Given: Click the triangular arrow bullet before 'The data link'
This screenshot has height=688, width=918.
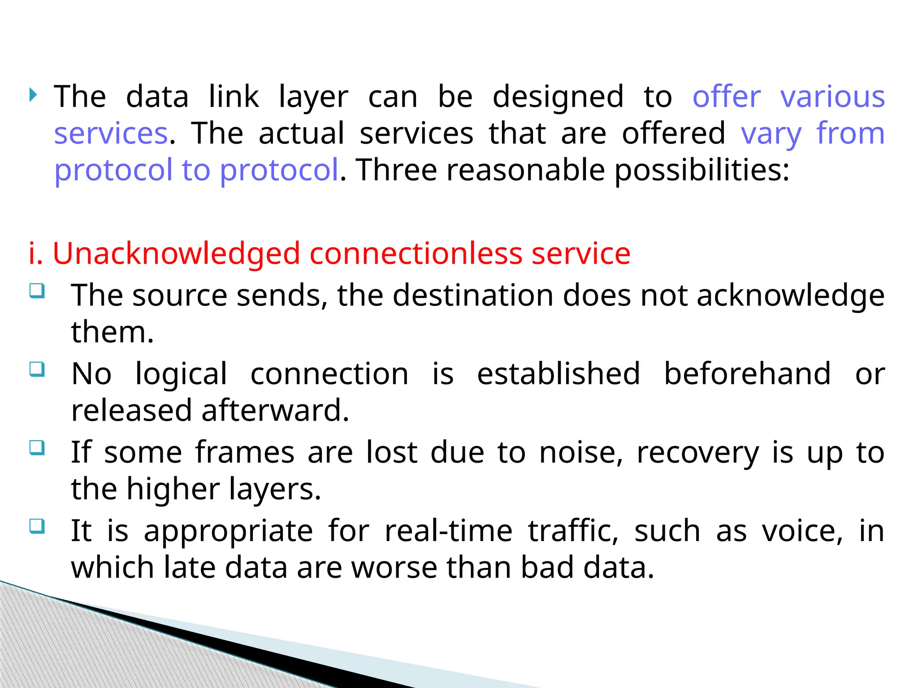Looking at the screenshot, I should tap(33, 95).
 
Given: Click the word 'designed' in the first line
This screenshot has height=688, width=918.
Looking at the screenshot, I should tap(558, 97).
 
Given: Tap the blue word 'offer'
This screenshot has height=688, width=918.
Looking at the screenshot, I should tap(727, 97).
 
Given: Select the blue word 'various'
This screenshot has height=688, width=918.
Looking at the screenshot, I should tap(832, 97).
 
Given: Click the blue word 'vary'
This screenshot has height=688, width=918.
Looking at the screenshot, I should tap(771, 134).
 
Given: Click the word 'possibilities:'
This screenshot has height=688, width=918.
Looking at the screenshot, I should tap(701, 171).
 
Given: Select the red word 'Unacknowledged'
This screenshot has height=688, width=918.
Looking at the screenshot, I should tap(176, 254).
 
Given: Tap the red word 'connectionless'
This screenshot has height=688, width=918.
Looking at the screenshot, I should tap(416, 254).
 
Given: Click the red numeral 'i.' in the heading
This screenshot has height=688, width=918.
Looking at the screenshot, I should tap(35, 254).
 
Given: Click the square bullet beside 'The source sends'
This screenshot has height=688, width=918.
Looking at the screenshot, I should tap(37, 291).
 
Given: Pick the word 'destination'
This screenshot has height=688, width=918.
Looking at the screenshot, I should tap(473, 296).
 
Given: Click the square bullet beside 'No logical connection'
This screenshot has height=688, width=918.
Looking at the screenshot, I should tap(37, 370).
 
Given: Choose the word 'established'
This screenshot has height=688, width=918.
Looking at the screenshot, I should tap(558, 374).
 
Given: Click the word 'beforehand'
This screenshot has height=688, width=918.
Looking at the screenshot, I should tap(747, 374).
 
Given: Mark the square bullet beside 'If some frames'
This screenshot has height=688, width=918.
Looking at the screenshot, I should tap(37, 447).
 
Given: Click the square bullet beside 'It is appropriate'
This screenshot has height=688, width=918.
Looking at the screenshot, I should tap(37, 526).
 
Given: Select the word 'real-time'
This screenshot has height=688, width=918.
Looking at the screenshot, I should tap(449, 531).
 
